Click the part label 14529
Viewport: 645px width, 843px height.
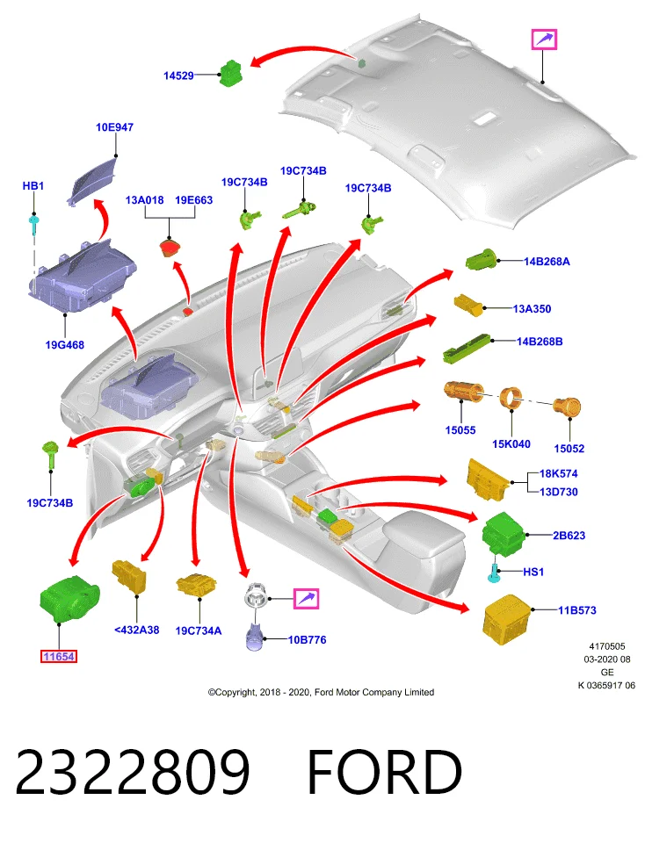(x=178, y=76)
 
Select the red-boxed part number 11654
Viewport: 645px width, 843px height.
(x=59, y=657)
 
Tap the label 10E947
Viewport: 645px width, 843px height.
(x=114, y=127)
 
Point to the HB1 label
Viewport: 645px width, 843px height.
(x=33, y=186)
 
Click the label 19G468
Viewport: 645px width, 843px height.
(x=64, y=345)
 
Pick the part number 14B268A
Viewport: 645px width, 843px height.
(x=547, y=262)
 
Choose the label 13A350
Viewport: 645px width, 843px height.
(x=532, y=309)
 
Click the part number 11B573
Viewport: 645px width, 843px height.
(x=576, y=610)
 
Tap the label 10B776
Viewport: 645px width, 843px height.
(x=308, y=640)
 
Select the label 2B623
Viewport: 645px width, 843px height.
(x=569, y=536)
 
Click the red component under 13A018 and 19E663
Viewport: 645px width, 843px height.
(x=170, y=249)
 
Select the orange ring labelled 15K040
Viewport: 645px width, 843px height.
(x=511, y=399)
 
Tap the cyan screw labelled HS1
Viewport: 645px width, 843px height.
(x=494, y=573)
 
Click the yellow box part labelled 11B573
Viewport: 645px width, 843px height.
(x=507, y=619)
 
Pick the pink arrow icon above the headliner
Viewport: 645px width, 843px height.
(x=544, y=40)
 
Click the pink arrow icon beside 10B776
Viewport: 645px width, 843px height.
(x=306, y=598)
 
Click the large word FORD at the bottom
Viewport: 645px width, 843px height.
(x=384, y=772)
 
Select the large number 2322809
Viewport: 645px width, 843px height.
(x=133, y=772)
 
